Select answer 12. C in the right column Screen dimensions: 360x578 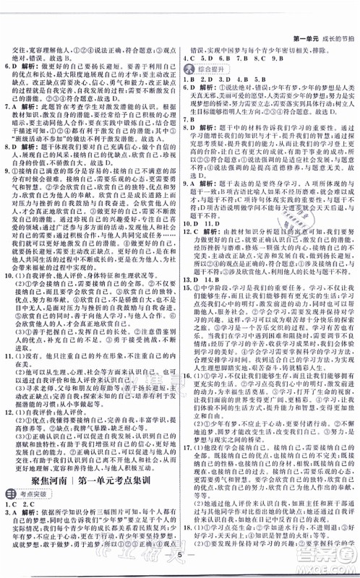190,249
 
